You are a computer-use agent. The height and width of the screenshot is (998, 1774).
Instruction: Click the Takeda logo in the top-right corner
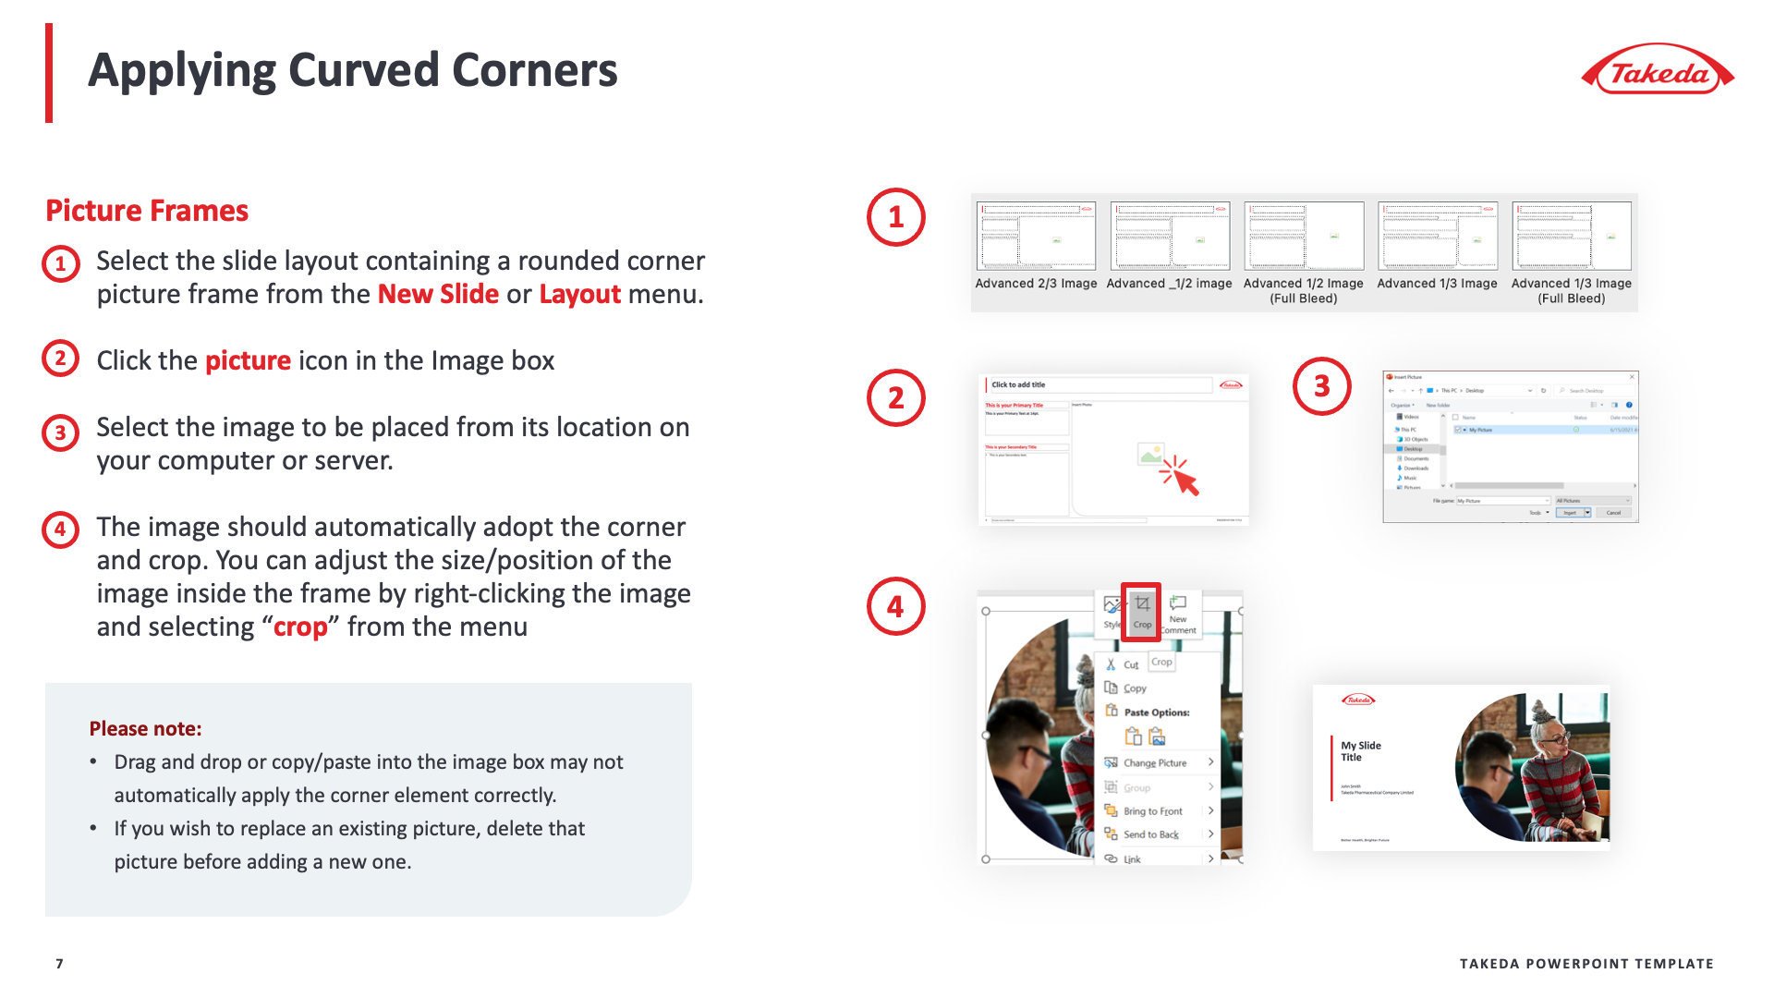[1659, 70]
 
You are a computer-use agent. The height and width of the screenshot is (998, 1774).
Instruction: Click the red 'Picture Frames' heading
[147, 211]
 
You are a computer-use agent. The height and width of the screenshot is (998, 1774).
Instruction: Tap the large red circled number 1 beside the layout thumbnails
[895, 217]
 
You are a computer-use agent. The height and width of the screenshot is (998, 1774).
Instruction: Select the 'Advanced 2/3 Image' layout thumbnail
[1036, 237]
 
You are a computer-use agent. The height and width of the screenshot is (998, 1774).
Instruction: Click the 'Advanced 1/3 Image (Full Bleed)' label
[1571, 290]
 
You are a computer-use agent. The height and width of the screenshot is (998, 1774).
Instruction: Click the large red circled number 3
[1321, 386]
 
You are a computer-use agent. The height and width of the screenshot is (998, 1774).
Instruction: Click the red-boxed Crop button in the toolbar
[1142, 611]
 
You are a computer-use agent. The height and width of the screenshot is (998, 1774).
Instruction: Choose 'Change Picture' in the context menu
[1155, 763]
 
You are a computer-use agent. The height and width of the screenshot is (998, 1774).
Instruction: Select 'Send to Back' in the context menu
[1151, 834]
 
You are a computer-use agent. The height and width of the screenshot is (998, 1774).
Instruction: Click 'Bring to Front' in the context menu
[1152, 811]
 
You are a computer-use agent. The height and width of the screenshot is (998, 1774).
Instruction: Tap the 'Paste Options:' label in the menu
[1157, 712]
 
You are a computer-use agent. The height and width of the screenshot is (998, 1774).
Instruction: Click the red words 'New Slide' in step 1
[438, 294]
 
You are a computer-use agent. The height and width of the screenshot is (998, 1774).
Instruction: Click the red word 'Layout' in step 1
[580, 294]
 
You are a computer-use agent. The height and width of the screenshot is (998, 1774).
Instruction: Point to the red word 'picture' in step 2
[248, 360]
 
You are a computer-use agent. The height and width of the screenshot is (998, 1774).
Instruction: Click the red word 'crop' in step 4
[300, 627]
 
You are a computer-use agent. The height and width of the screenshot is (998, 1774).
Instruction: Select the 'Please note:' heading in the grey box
[145, 728]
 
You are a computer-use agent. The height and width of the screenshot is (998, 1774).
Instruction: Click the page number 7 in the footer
[60, 963]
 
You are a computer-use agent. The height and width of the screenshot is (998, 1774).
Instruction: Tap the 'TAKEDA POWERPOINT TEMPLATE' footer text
[1586, 963]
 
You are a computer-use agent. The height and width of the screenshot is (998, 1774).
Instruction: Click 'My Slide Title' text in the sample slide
[1361, 751]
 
